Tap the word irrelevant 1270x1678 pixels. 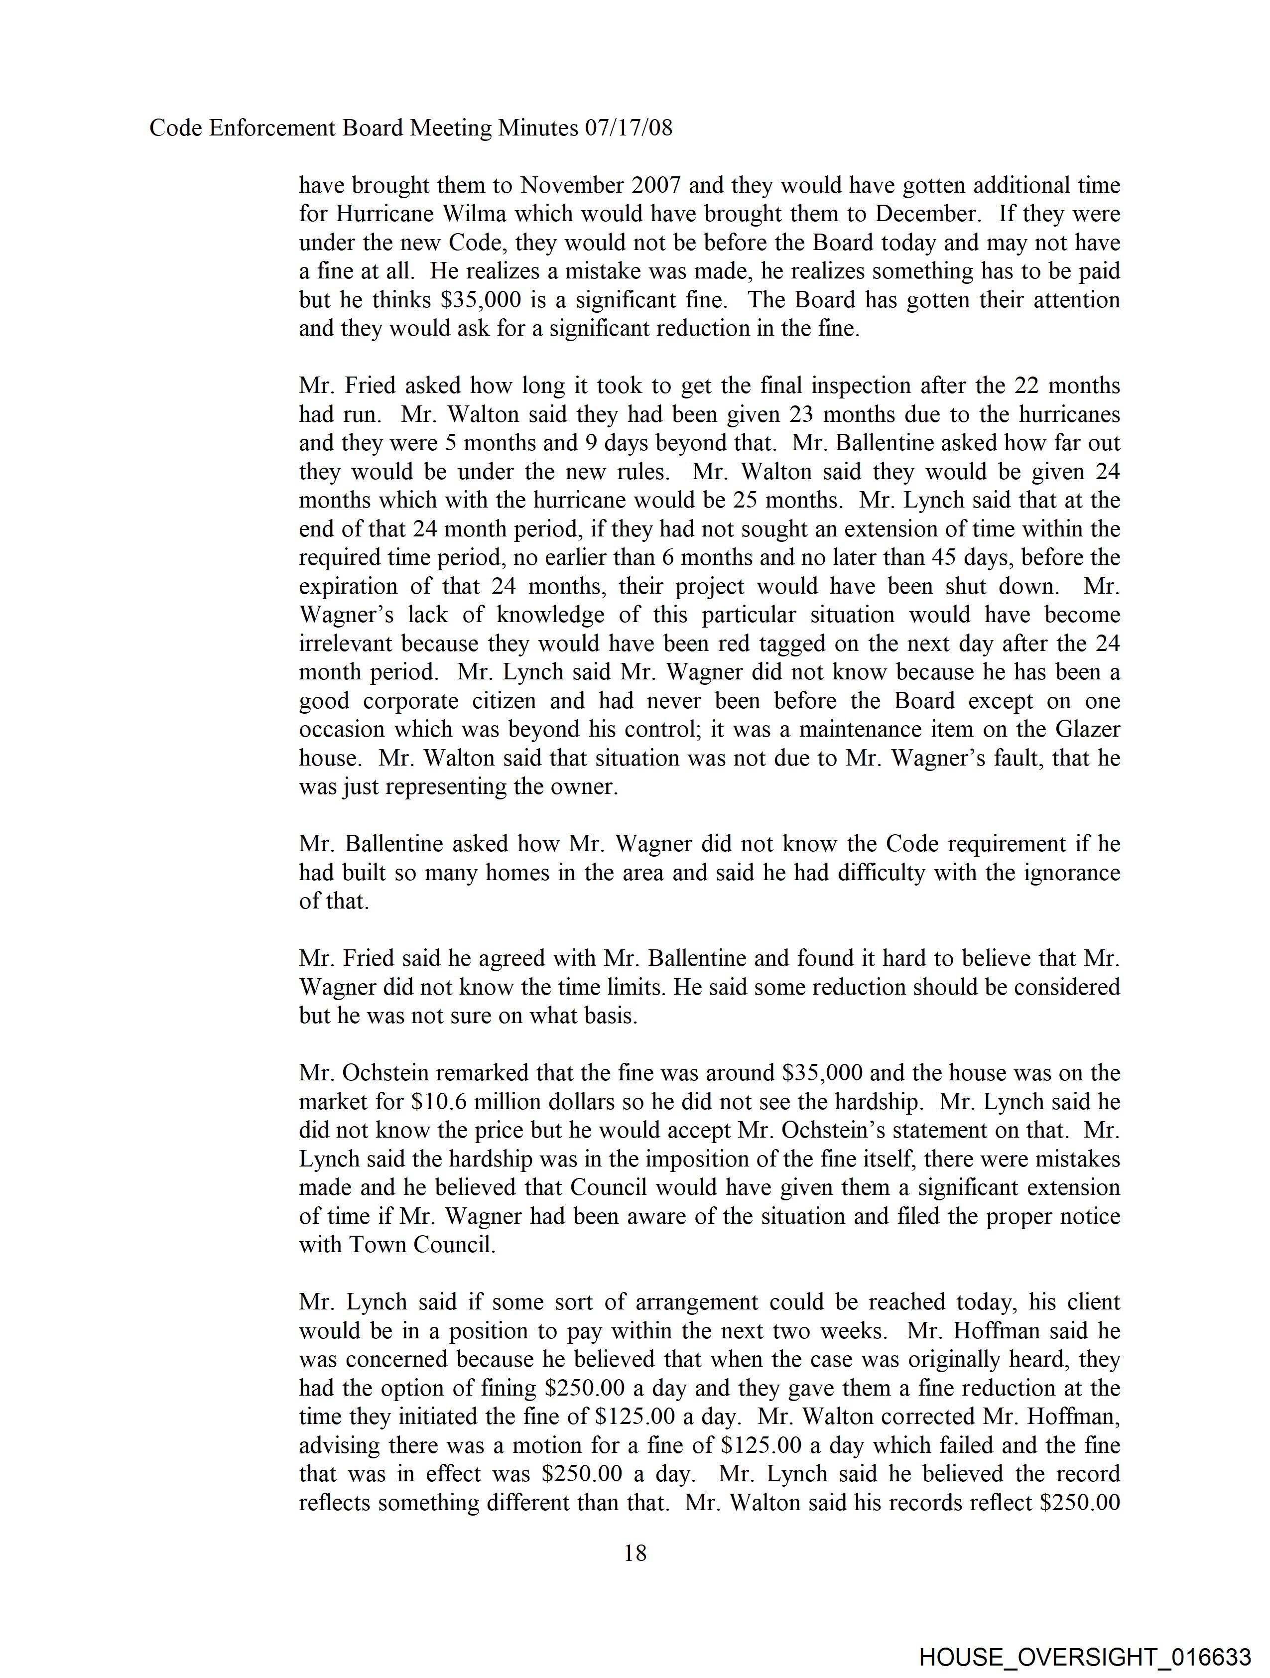(x=346, y=644)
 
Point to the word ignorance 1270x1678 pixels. (x=1066, y=873)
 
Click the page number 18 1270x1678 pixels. (x=635, y=1553)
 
